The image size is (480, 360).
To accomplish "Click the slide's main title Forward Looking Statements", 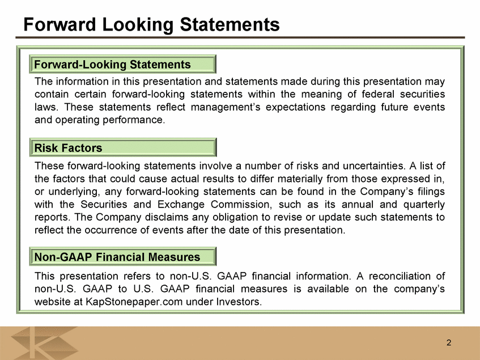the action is pos(151,24).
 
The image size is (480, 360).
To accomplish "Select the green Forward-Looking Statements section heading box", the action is pos(123,64).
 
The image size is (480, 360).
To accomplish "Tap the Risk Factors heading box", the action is pos(123,147).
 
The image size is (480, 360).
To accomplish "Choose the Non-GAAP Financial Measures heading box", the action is pos(123,256).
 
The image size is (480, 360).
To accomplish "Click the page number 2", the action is pos(449,342).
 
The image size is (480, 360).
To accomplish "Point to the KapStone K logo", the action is pos(44,343).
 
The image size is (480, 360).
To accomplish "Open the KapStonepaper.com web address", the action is pos(134,302).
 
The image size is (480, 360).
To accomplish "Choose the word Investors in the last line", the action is pos(239,302).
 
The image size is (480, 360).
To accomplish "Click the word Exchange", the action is pos(181,204).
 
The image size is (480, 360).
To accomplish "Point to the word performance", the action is pos(134,120).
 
